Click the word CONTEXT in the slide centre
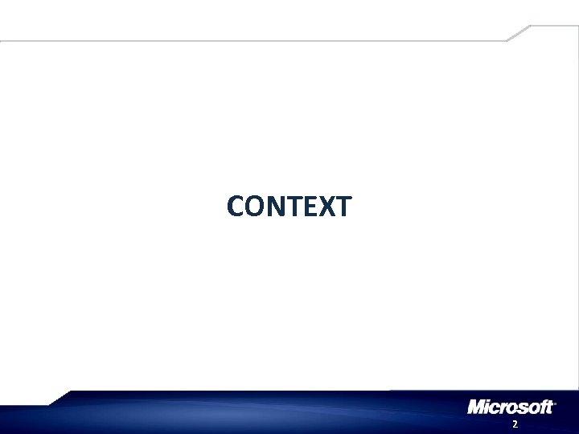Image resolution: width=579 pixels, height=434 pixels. point(289,207)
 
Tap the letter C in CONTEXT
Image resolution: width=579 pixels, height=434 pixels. point(236,207)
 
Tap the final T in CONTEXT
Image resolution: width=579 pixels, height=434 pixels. point(342,207)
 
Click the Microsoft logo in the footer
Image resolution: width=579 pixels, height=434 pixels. point(511,407)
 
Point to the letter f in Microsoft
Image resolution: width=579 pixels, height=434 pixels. point(542,407)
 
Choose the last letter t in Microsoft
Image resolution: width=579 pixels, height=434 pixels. point(550,407)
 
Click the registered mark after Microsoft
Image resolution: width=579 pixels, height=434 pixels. point(556,402)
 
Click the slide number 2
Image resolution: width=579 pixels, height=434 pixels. point(515,424)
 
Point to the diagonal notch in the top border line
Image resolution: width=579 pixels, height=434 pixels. point(518,33)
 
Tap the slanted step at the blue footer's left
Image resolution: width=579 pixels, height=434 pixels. point(61,397)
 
